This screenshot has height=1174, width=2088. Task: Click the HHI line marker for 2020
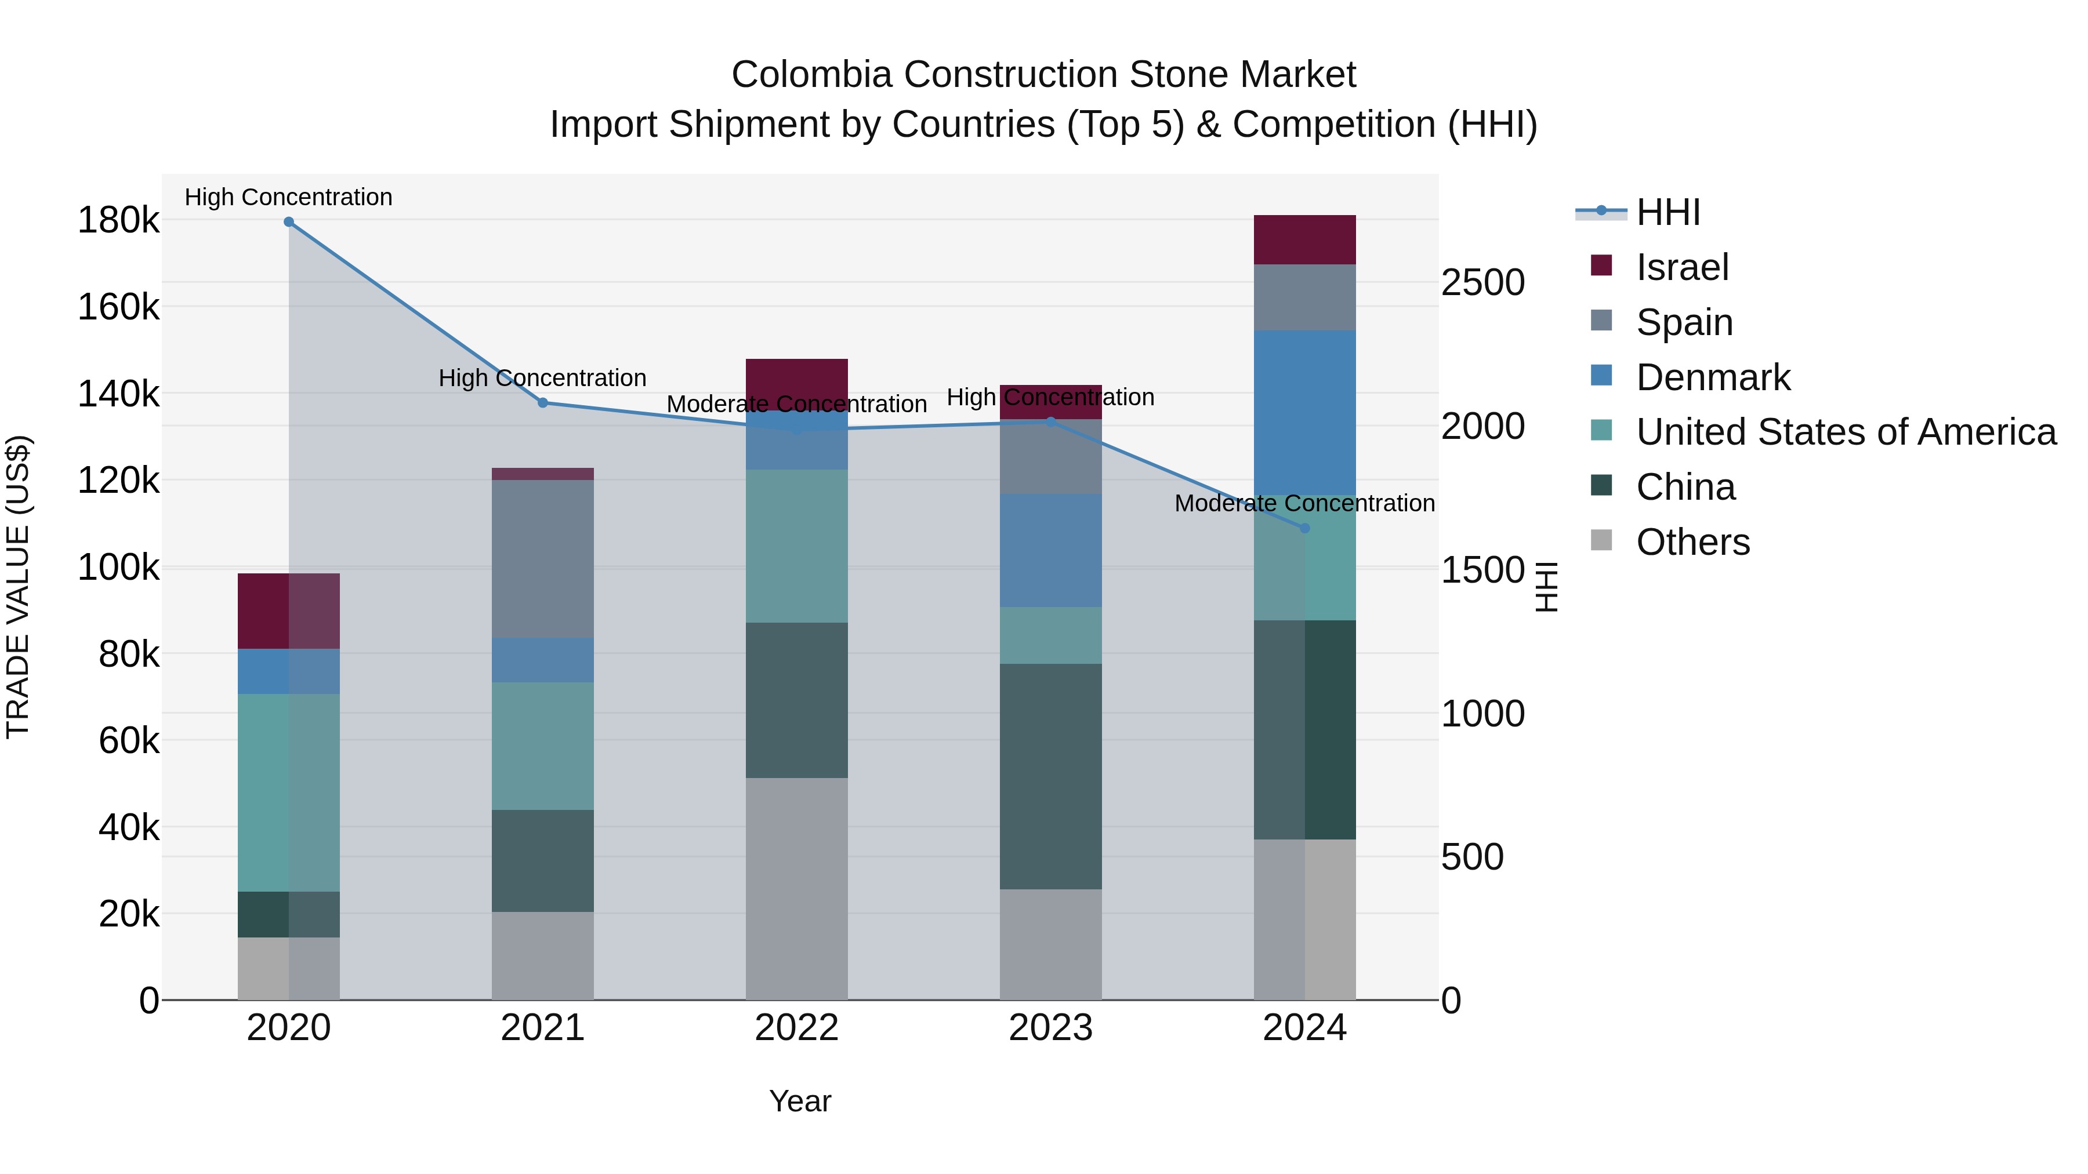click(289, 222)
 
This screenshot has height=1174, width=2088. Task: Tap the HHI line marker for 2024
click(1304, 528)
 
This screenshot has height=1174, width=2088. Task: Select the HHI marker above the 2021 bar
click(543, 403)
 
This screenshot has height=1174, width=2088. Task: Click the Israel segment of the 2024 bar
click(1304, 240)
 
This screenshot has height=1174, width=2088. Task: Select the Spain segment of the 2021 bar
click(543, 558)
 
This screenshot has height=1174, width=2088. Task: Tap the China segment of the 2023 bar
click(1050, 776)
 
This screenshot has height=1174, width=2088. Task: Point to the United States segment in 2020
click(289, 793)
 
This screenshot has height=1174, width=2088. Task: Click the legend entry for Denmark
click(1712, 377)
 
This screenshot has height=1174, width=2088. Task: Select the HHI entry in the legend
click(1667, 212)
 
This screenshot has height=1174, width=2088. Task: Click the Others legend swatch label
click(1692, 542)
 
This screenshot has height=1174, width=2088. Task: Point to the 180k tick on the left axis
click(118, 220)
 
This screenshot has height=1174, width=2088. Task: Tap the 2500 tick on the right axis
click(1482, 283)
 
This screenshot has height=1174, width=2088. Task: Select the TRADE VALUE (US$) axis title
click(18, 587)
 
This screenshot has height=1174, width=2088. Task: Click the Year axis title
click(800, 1101)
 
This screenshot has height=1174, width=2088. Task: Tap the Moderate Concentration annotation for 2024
click(1304, 503)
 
